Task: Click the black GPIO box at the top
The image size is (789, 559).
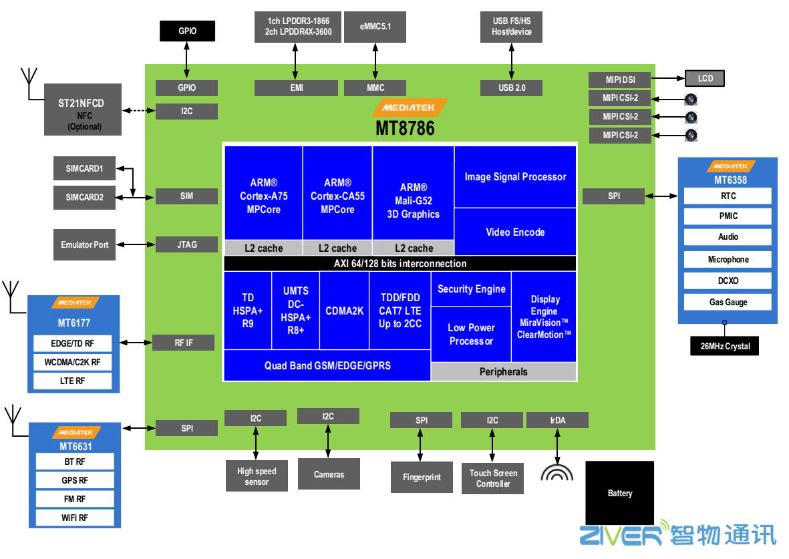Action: pos(187,31)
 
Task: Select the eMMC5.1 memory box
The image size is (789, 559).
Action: pos(375,27)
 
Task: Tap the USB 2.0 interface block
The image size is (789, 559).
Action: pos(511,87)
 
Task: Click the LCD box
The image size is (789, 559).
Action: pos(705,79)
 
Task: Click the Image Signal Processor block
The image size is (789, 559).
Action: pos(515,177)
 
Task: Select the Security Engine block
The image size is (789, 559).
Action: pos(471,289)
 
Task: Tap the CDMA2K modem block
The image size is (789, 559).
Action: pos(344,311)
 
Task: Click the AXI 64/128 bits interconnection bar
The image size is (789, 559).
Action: pos(400,264)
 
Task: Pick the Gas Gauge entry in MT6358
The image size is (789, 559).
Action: pos(728,303)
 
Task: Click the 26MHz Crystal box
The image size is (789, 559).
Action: pos(725,347)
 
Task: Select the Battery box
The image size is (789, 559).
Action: pos(619,493)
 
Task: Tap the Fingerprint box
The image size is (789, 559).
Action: pos(422,478)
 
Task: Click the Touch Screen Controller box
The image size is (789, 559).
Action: pos(493,478)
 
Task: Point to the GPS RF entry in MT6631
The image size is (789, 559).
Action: pos(74,480)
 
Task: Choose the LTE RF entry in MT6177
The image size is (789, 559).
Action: pos(73,381)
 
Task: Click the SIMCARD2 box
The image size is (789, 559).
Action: pos(84,197)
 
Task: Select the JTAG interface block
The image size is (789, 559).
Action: pos(186,244)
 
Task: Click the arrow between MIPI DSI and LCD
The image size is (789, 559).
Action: pos(668,79)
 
